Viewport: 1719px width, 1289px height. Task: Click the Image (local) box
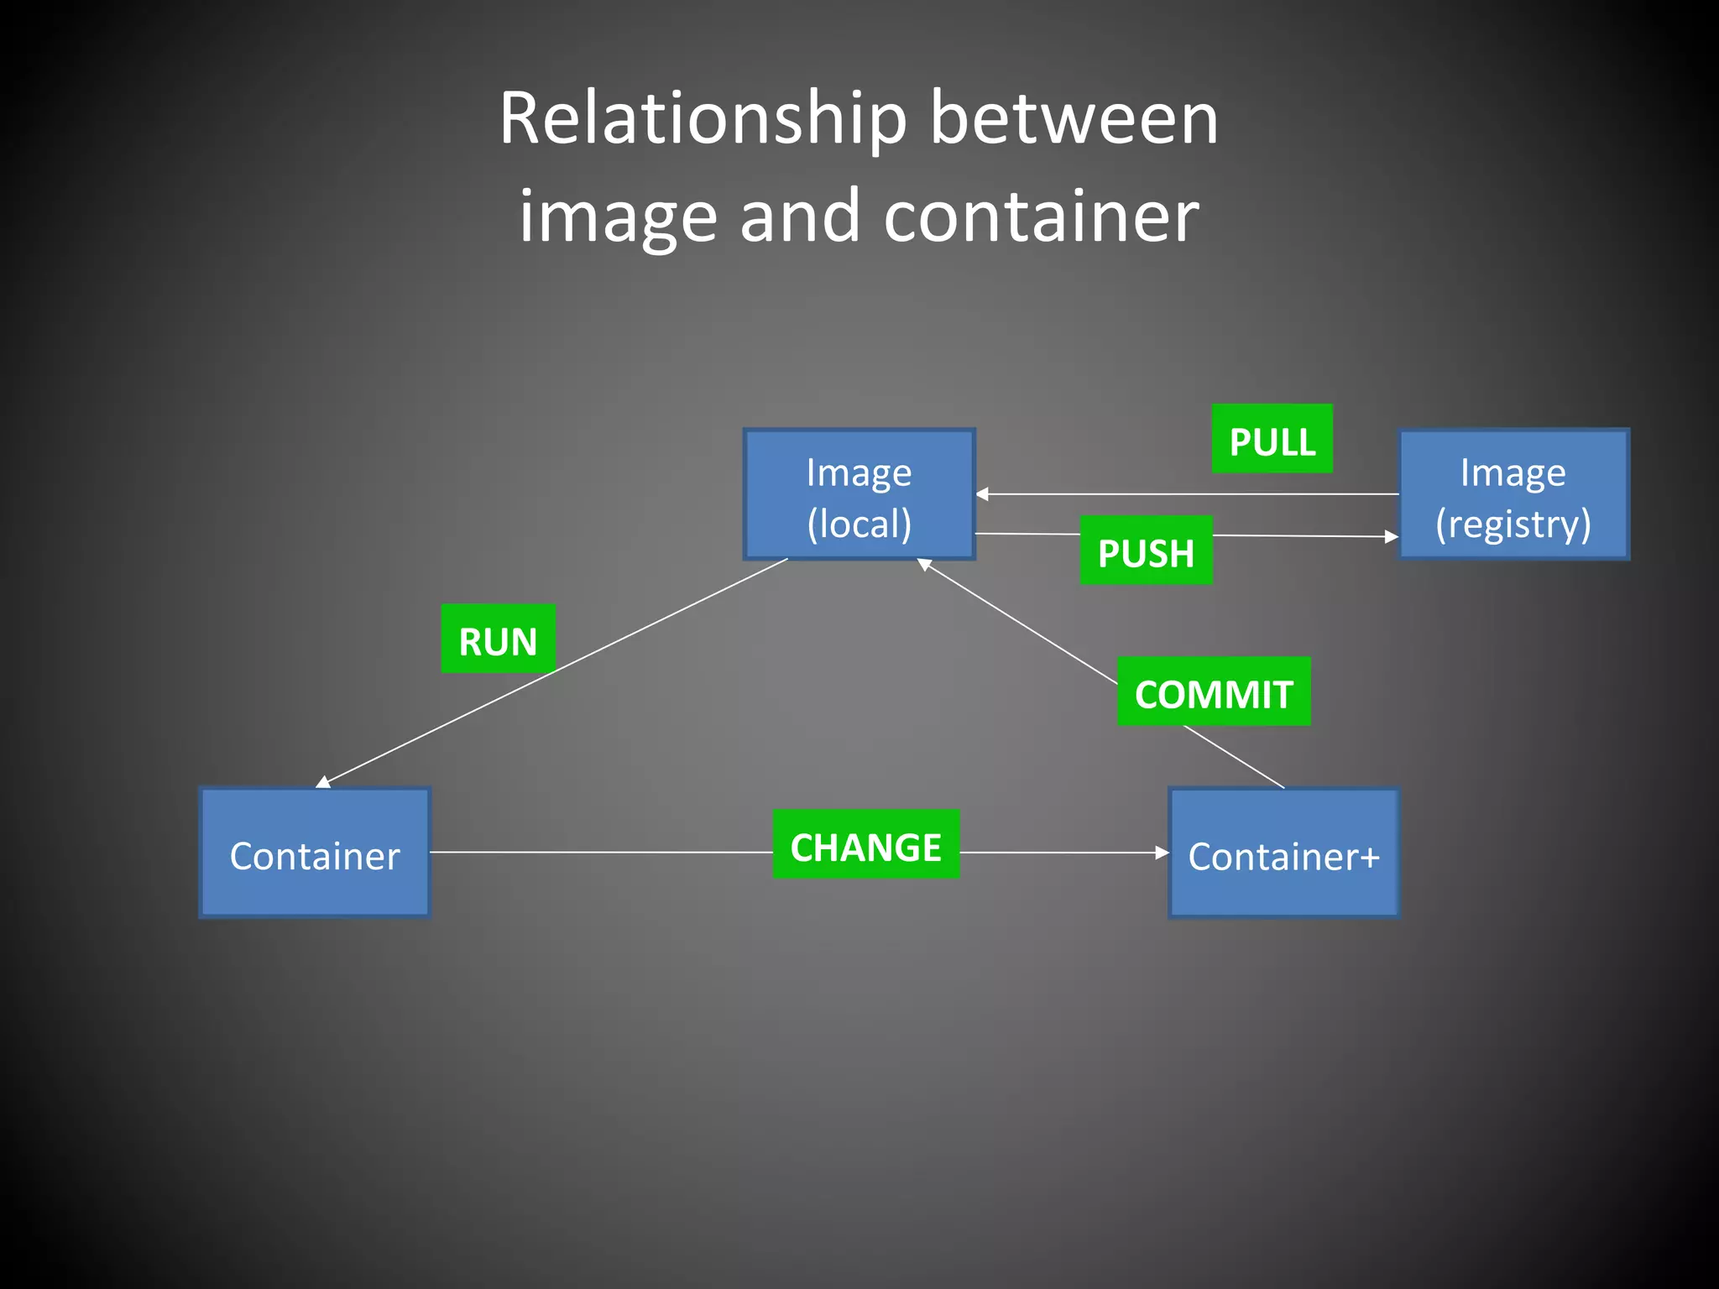(859, 494)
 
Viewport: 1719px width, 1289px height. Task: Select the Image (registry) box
(1513, 494)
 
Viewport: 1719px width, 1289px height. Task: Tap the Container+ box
(1283, 853)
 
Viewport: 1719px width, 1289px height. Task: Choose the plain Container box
(315, 853)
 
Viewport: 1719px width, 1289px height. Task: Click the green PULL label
(1272, 439)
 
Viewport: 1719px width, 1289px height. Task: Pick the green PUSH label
(1146, 551)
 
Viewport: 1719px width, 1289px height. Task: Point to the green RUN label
(498, 639)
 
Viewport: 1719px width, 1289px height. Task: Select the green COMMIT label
(1213, 691)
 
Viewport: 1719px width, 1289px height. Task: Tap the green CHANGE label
(865, 844)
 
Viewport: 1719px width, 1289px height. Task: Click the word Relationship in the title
(703, 119)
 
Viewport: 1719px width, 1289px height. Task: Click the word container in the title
(1041, 217)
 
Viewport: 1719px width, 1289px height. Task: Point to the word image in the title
(618, 217)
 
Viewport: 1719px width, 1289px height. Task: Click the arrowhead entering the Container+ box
(1163, 853)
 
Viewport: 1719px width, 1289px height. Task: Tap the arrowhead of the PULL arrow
(982, 494)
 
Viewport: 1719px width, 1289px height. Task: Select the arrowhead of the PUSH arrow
(1392, 536)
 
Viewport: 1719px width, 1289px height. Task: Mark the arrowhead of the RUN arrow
(322, 783)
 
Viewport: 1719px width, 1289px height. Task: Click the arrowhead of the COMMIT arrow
(924, 565)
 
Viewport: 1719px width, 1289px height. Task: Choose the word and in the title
(800, 217)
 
